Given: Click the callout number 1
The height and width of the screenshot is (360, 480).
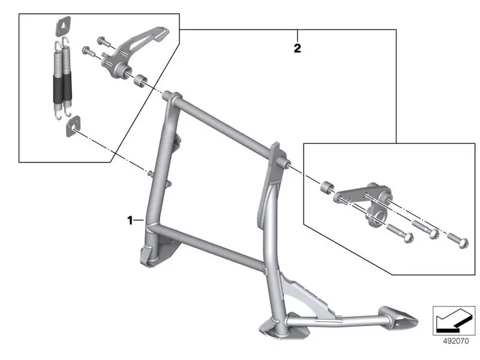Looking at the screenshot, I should [130, 220].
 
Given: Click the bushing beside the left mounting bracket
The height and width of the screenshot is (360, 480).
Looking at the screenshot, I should [139, 79].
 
